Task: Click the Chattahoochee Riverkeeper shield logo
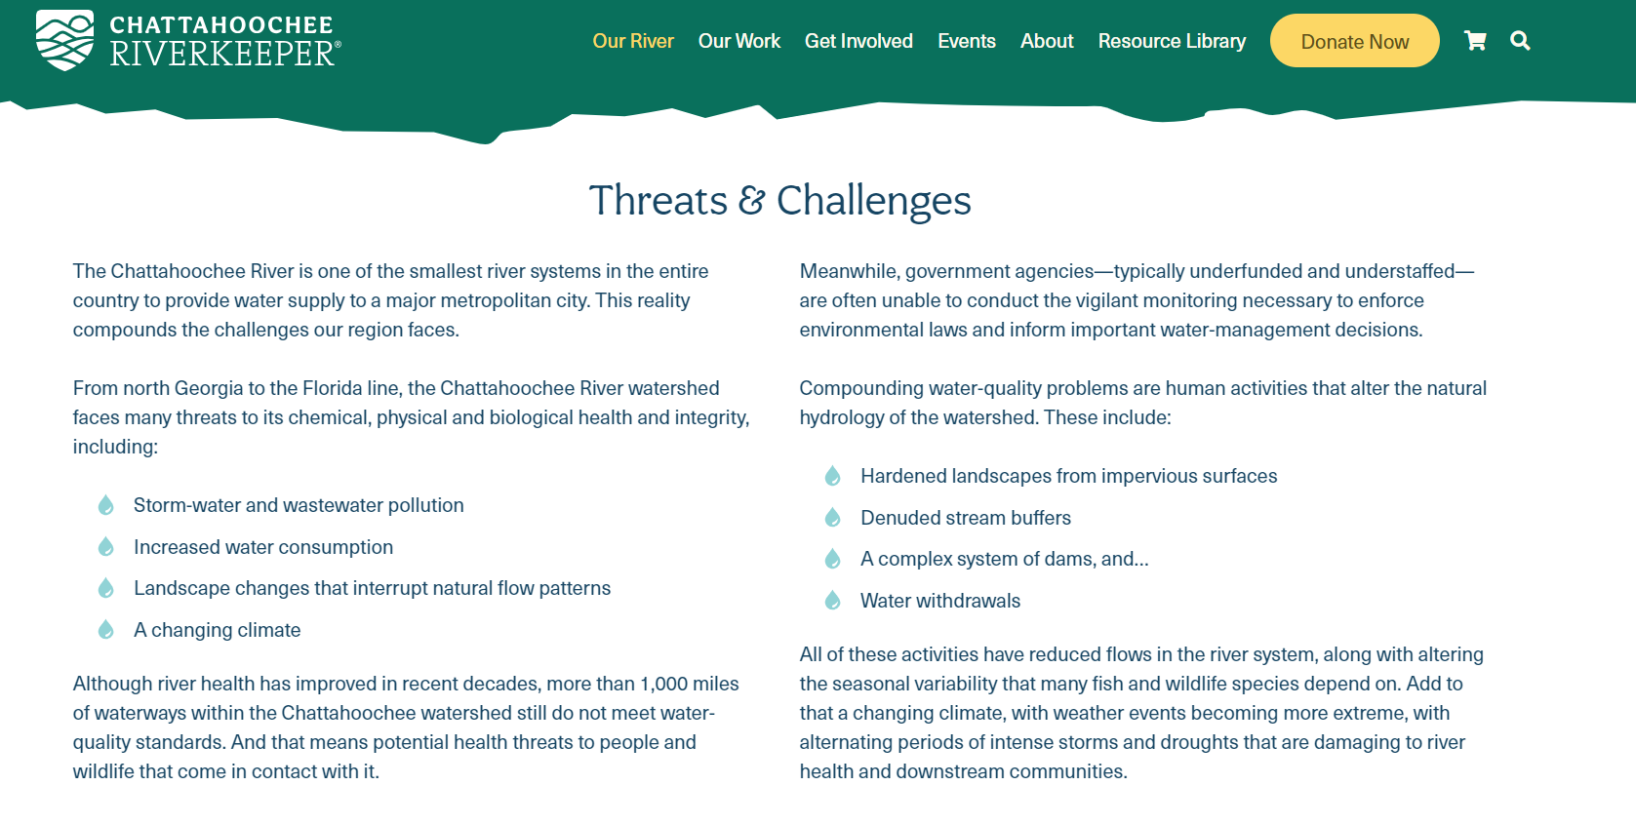(x=65, y=40)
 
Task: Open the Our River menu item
(x=632, y=41)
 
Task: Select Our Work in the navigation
(x=739, y=41)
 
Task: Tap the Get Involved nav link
(x=858, y=41)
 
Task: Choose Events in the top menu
(x=966, y=41)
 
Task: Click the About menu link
(x=1047, y=41)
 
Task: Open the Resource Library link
(x=1172, y=41)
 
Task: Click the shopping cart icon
(x=1475, y=41)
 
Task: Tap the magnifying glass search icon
(x=1520, y=41)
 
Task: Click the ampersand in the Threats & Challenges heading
(x=751, y=200)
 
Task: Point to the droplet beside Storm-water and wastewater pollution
(x=106, y=504)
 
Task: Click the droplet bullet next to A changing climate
(x=106, y=629)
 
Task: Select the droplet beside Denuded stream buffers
(x=832, y=518)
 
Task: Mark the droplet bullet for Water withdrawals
(x=832, y=600)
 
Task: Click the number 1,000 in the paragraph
(x=664, y=684)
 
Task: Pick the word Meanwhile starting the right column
(x=850, y=271)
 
